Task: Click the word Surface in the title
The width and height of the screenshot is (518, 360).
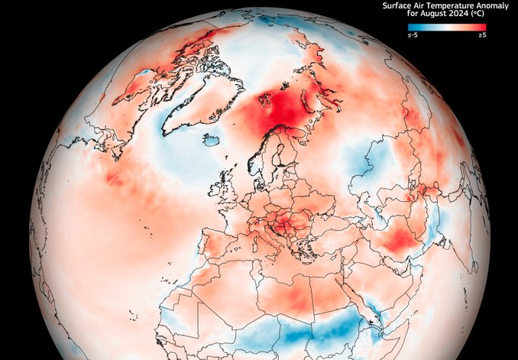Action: (x=394, y=5)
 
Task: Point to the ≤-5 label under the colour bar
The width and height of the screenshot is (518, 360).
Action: (x=412, y=34)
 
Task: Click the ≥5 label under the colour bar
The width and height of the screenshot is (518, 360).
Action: (x=482, y=34)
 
